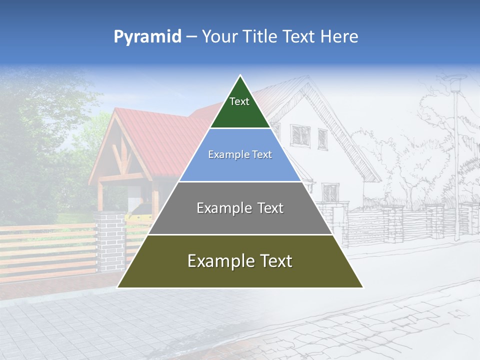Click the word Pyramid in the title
(147, 37)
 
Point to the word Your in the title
(218, 37)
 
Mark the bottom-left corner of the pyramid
(118, 287)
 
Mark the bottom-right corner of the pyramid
(362, 287)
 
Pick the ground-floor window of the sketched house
(330, 192)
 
